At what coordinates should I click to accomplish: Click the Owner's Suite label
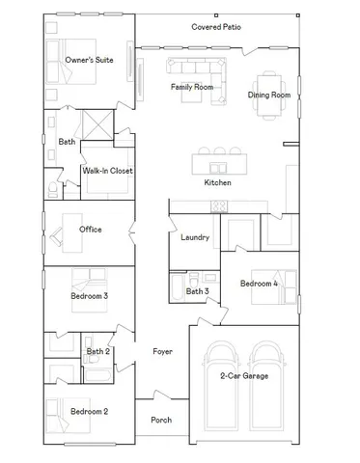[90, 60]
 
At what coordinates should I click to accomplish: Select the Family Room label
[192, 87]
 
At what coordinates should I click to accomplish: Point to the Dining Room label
[269, 95]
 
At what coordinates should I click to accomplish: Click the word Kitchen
[218, 182]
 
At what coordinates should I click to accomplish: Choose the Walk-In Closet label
[107, 171]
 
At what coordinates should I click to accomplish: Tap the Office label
[91, 229]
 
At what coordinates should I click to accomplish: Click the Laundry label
[195, 237]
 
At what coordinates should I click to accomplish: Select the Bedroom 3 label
[89, 295]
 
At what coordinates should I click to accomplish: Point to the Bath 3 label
[197, 290]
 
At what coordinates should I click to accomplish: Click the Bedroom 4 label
[259, 284]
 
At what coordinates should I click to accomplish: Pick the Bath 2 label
[98, 352]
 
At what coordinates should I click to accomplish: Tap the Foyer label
[162, 352]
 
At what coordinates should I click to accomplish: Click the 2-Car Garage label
[244, 375]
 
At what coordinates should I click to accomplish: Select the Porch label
[161, 420]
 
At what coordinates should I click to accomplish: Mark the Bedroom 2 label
[90, 411]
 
